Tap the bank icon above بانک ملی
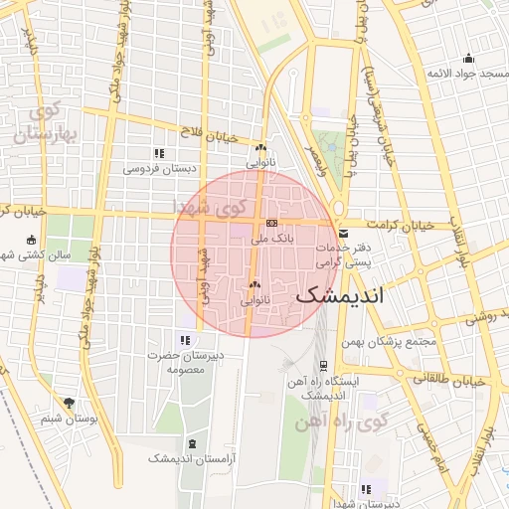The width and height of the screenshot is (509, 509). click(x=270, y=224)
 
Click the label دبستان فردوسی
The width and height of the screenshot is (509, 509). click(x=159, y=168)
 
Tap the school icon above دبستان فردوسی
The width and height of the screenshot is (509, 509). click(x=159, y=153)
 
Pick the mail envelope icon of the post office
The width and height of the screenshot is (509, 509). click(x=343, y=234)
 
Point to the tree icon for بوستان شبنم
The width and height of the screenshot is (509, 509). click(x=69, y=403)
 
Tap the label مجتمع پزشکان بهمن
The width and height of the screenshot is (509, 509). click(x=395, y=342)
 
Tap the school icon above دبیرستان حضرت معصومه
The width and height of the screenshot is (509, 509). click(x=184, y=341)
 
